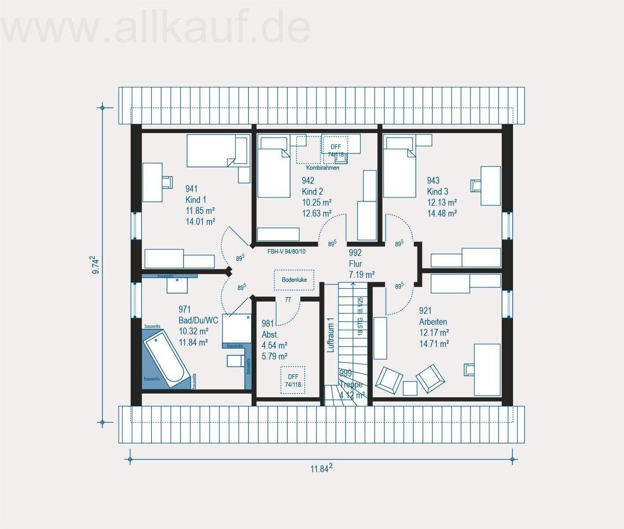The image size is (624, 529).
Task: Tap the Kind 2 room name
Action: (312, 191)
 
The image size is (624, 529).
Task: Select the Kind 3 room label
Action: (437, 191)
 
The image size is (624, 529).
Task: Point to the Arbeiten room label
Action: (433, 322)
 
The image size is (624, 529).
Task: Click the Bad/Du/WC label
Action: (198, 320)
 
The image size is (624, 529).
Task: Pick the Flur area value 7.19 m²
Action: (361, 275)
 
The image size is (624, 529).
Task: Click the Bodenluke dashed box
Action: (294, 280)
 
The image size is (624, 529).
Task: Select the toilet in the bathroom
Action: (235, 360)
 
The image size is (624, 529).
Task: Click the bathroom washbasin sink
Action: (177, 284)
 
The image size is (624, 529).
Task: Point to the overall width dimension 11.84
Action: (321, 469)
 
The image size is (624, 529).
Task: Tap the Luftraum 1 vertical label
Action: (330, 335)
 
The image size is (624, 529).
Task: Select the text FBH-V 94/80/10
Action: (286, 252)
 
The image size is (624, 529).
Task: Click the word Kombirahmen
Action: (323, 168)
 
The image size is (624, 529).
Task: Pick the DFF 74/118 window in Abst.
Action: (293, 380)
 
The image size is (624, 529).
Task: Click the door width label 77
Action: (288, 300)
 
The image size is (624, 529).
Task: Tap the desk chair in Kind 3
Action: (476, 185)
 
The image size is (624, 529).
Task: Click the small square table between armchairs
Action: (410, 388)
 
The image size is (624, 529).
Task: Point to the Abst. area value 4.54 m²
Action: (274, 345)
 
